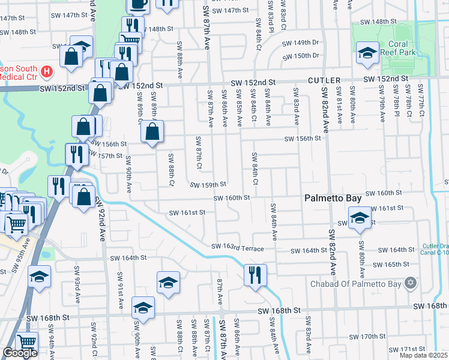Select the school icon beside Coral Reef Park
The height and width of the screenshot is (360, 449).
[367, 53]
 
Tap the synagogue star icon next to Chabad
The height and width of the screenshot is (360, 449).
[411, 283]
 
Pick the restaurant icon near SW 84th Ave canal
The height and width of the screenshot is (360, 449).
[255, 275]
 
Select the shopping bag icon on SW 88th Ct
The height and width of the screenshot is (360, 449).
[152, 132]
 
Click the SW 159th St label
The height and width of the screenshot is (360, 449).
[208, 184]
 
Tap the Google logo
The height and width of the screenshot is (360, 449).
[20, 353]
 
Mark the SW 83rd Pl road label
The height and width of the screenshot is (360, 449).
[271, 20]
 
